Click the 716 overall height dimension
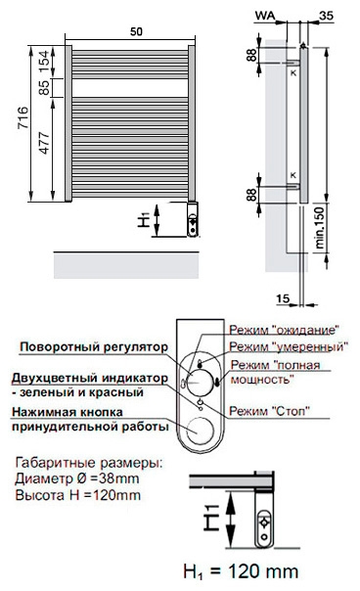pyautogui.click(x=23, y=117)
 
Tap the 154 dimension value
pyautogui.click(x=44, y=62)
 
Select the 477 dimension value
pyautogui.click(x=44, y=143)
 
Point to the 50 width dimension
pyautogui.click(x=136, y=31)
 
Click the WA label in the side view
pyautogui.click(x=265, y=16)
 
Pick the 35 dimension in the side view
pyautogui.click(x=327, y=16)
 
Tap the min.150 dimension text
pyautogui.click(x=319, y=227)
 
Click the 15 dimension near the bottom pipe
pyautogui.click(x=283, y=298)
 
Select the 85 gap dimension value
pyautogui.click(x=44, y=88)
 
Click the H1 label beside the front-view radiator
pyautogui.click(x=144, y=219)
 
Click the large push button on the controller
pyautogui.click(x=200, y=431)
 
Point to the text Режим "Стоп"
pyautogui.click(x=270, y=411)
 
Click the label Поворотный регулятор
pyautogui.click(x=94, y=346)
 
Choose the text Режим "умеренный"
pyautogui.click(x=289, y=346)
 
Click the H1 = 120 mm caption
pyautogui.click(x=241, y=571)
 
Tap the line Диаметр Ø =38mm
pyautogui.click(x=77, y=478)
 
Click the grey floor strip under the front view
pyautogui.click(x=126, y=265)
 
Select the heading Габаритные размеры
pyautogui.click(x=89, y=463)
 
